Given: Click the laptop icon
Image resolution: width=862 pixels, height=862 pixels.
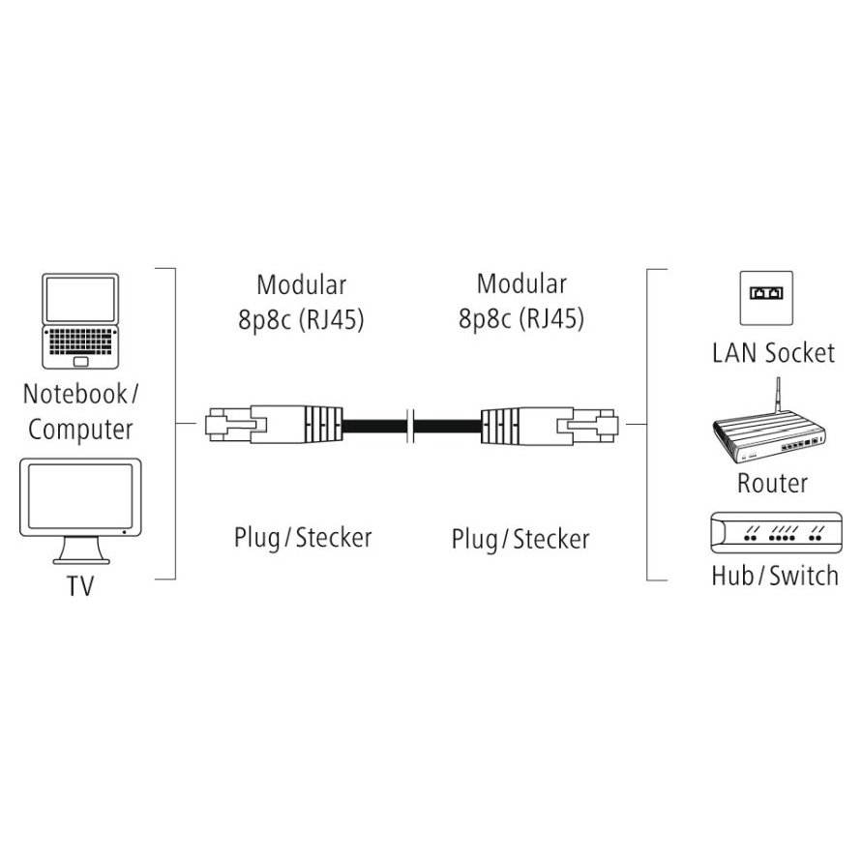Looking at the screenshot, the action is [x=80, y=321].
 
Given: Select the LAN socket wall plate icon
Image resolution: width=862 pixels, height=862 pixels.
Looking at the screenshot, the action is [x=766, y=298].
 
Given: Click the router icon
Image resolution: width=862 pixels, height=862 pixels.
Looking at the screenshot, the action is [x=769, y=424].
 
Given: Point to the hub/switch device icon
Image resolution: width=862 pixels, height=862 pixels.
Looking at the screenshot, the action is [x=776, y=532].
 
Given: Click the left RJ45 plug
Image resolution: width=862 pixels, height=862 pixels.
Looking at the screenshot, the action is [x=274, y=425].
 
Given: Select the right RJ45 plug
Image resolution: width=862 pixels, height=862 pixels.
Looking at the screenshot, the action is [x=550, y=425].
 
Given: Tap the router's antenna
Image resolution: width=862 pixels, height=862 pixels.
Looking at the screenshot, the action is [x=778, y=395].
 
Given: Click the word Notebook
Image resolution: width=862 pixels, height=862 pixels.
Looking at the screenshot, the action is [x=74, y=394].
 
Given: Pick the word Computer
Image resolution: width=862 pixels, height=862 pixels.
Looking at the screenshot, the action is [x=81, y=430].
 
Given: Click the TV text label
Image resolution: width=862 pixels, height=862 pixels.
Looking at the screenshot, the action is [x=80, y=585].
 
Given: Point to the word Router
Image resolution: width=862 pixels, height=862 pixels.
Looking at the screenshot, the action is [x=772, y=483].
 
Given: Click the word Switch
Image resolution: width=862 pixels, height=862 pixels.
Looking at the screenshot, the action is [x=804, y=576].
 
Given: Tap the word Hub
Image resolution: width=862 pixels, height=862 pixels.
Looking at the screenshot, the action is [x=733, y=576].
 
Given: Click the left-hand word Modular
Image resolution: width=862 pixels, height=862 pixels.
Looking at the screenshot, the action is [x=301, y=284].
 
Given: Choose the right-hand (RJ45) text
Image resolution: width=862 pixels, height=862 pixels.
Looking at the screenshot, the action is [x=551, y=319].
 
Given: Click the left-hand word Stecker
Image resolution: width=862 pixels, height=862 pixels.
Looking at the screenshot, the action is [x=334, y=538].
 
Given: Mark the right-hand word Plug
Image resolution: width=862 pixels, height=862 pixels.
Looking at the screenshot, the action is [x=474, y=540].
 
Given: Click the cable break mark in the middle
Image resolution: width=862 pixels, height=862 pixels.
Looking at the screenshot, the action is [x=409, y=426].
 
